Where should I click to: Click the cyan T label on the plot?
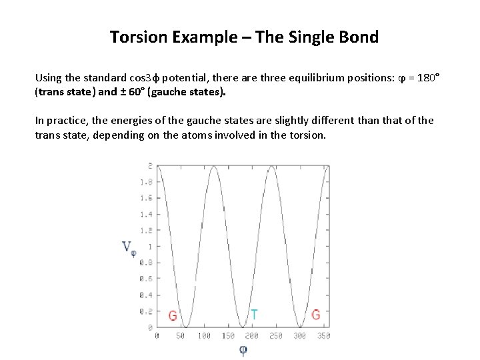[x=254, y=314]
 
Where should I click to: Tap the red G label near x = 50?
[x=173, y=315]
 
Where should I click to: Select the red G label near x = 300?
[x=316, y=314]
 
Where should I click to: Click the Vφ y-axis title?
[x=129, y=247]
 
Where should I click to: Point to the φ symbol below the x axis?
[x=243, y=349]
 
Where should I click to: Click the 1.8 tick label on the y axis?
[x=145, y=181]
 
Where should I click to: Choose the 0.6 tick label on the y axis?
[x=145, y=279]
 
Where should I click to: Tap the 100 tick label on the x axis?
[x=204, y=336]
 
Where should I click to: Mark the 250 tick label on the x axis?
[x=275, y=336]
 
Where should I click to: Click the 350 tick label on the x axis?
[x=323, y=336]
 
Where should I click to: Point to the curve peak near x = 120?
[x=214, y=166]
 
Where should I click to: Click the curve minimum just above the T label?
[x=243, y=326]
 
